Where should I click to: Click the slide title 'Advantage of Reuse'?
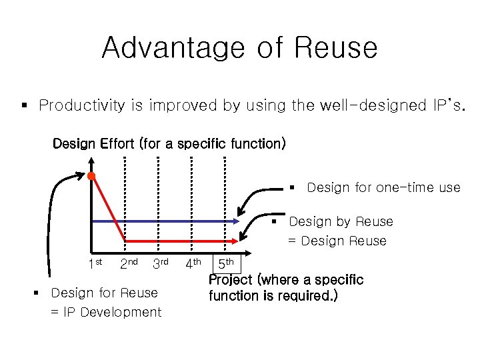[239, 48]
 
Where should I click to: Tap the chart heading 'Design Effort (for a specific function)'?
[169, 143]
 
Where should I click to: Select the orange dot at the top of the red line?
[92, 176]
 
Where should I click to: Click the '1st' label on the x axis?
[95, 264]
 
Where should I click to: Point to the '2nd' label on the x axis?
[128, 264]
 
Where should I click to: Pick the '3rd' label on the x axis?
[160, 264]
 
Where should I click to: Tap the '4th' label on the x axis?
[193, 264]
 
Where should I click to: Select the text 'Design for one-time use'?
[383, 188]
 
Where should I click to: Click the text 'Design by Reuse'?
[341, 221]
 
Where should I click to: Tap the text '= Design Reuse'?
[337, 241]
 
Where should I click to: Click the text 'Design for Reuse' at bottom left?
[104, 293]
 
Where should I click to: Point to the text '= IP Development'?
[106, 312]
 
